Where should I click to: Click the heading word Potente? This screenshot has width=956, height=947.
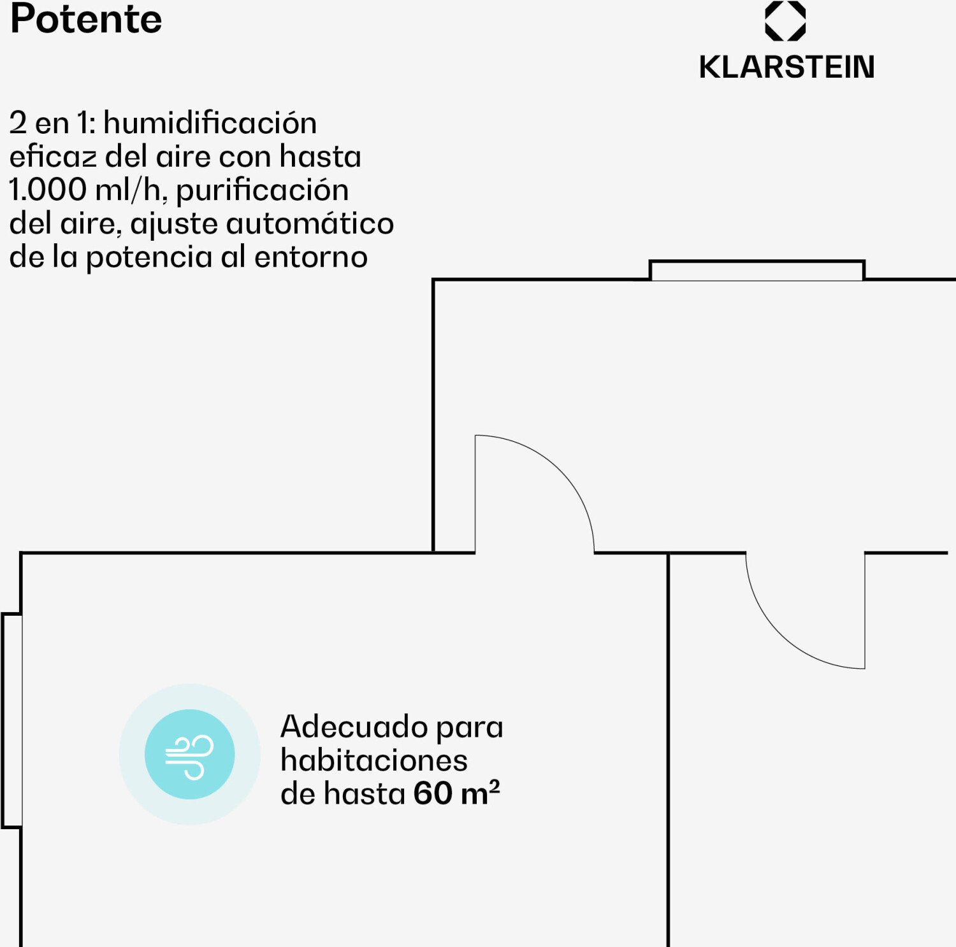tap(86, 19)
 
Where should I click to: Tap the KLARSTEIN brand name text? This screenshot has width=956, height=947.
tap(786, 68)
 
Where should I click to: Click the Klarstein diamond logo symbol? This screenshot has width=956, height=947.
tap(785, 21)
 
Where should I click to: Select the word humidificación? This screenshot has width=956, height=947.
tap(210, 123)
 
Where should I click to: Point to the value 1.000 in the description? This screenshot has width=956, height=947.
tap(48, 190)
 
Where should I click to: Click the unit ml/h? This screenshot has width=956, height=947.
tap(131, 190)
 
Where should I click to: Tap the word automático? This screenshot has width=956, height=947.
tap(310, 224)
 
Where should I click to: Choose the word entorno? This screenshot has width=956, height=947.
tap(311, 257)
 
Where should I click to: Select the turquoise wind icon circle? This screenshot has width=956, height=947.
tap(190, 755)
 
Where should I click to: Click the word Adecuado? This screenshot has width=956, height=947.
tap(354, 727)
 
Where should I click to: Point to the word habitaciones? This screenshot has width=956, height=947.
tap(374, 760)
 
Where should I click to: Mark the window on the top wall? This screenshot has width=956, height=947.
tap(757, 271)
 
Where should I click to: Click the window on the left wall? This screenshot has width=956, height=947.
tap(12, 720)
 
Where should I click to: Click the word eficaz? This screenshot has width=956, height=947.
tap(53, 157)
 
